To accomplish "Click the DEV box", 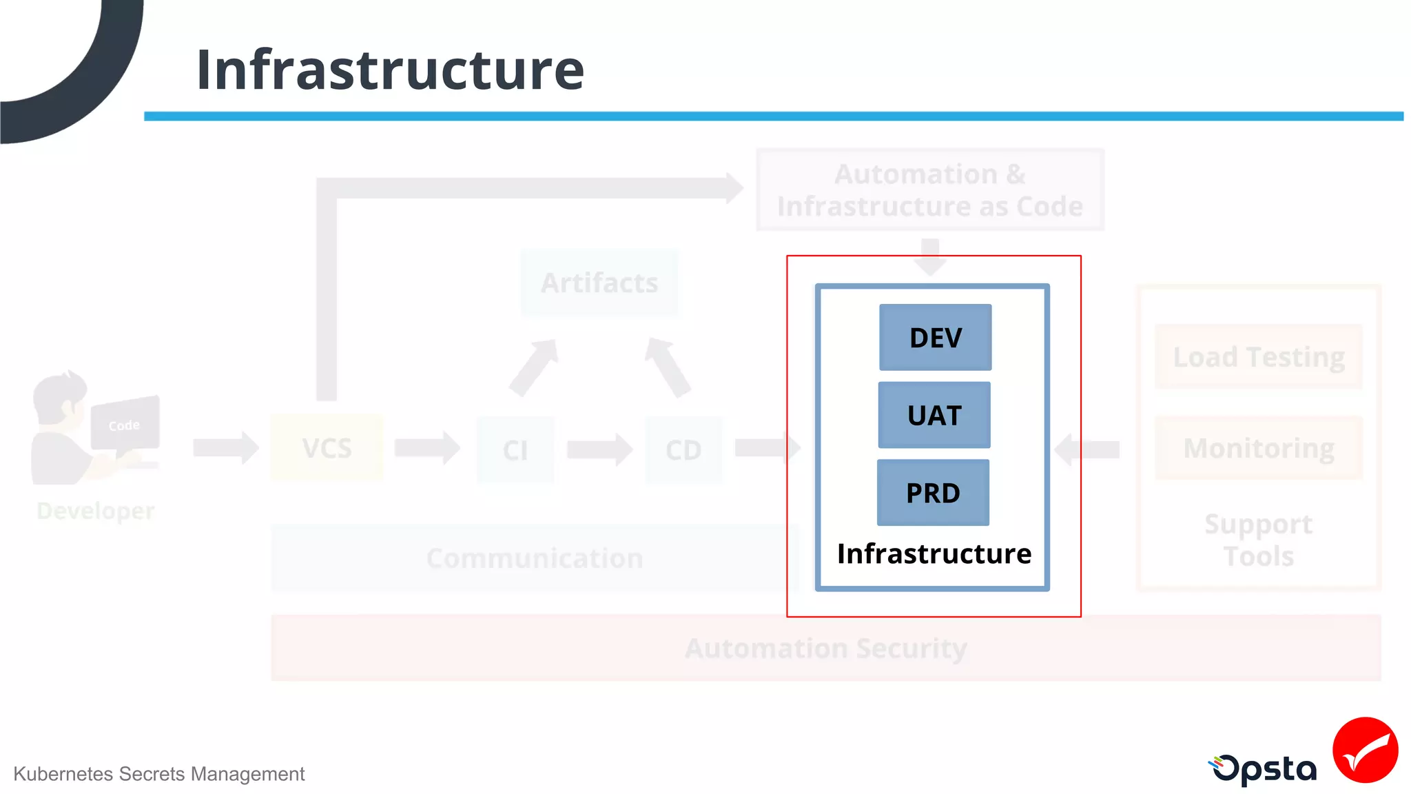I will (x=935, y=338).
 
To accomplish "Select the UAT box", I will (x=934, y=415).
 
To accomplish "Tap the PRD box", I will (x=933, y=493).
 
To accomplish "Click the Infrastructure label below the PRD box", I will (x=934, y=554).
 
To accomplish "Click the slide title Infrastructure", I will (x=390, y=70).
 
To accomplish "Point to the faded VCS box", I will (x=327, y=449).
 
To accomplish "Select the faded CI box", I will (x=515, y=450).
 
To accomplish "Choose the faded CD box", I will (x=683, y=450).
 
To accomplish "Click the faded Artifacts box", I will (x=599, y=283).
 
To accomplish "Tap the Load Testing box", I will (x=1258, y=357).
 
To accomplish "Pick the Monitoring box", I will (x=1258, y=449).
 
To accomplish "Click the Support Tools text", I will (x=1258, y=540).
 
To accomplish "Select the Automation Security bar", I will (x=825, y=648).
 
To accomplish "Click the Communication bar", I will (x=534, y=558).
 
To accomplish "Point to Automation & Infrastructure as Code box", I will (x=929, y=190).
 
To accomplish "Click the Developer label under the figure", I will (x=95, y=511).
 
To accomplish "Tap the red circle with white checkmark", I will (x=1365, y=750).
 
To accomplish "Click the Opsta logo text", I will (x=1264, y=769).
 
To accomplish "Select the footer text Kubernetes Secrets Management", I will (x=158, y=774).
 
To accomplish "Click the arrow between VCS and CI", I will (x=426, y=448).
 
